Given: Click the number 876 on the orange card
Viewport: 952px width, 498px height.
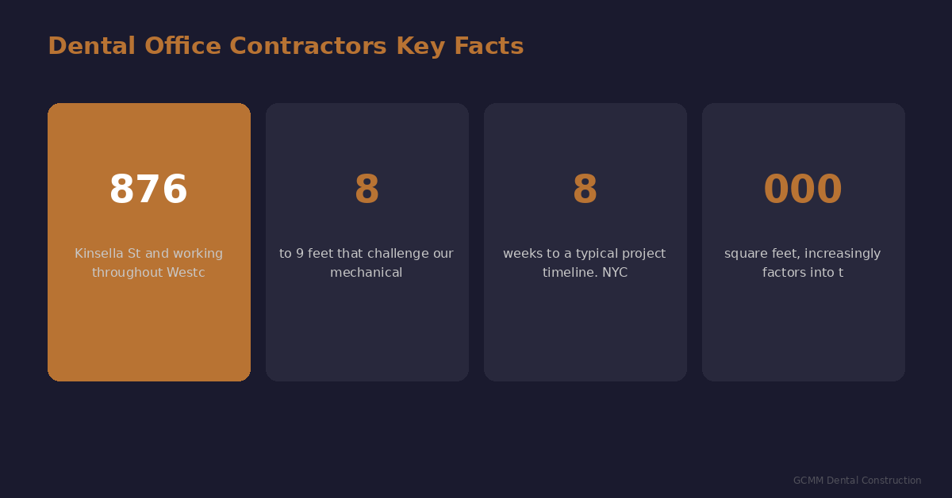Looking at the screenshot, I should point(148,190).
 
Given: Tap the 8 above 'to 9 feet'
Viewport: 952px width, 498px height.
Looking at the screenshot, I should point(367,190).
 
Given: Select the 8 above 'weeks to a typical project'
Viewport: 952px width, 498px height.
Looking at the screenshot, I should point(585,190).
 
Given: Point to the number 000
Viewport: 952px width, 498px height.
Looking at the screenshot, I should point(803,190).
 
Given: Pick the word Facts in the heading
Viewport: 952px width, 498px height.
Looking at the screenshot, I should point(489,46).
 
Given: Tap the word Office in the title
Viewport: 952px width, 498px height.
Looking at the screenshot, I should point(182,46).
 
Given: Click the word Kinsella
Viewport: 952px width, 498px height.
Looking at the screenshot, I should point(99,254).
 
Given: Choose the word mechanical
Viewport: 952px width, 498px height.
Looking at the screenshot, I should point(367,273).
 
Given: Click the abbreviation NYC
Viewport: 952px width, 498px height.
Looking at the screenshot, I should point(614,273).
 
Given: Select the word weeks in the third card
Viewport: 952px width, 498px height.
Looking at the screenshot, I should point(520,254).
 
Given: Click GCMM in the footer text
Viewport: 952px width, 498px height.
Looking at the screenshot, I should point(808,481).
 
